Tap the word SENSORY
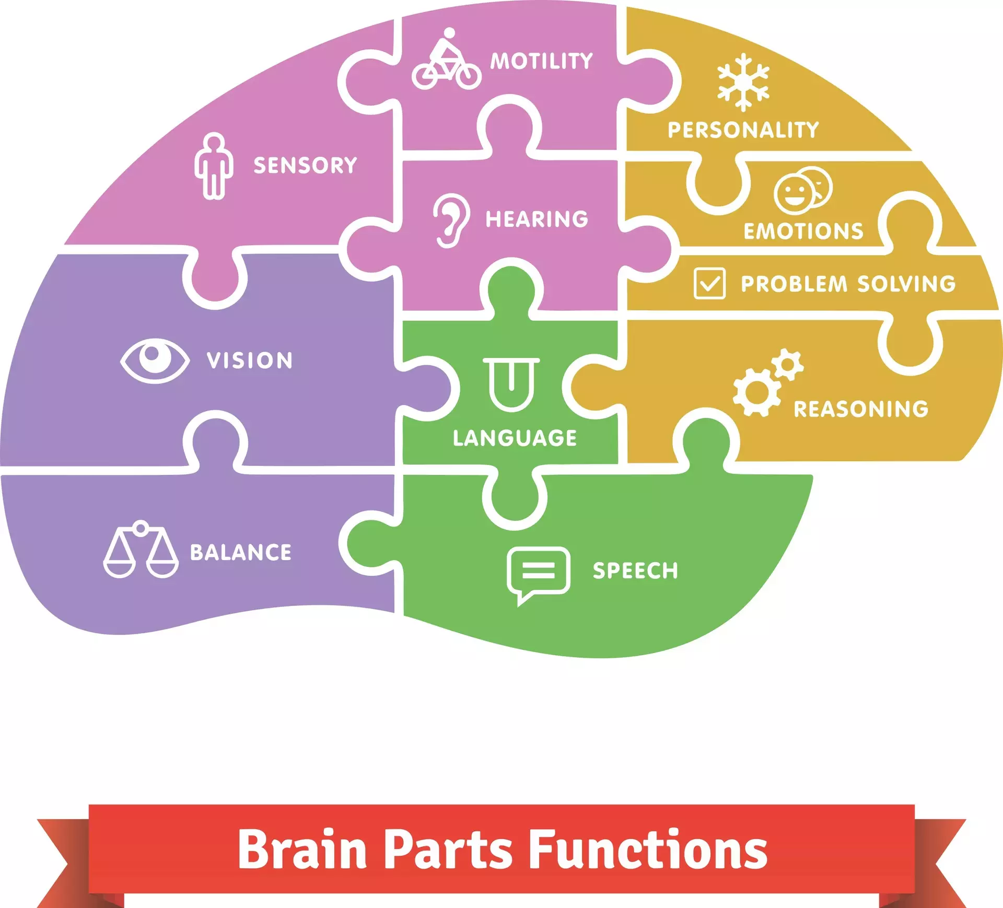(305, 165)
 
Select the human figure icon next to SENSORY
(214, 166)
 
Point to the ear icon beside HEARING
(450, 220)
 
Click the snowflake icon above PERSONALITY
(743, 82)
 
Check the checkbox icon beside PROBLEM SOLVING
(709, 283)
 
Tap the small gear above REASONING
(787, 365)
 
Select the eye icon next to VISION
(155, 360)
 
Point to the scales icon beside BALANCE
(141, 550)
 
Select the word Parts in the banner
(448, 850)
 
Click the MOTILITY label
(541, 61)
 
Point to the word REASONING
(861, 409)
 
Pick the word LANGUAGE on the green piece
(515, 438)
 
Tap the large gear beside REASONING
(756, 392)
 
